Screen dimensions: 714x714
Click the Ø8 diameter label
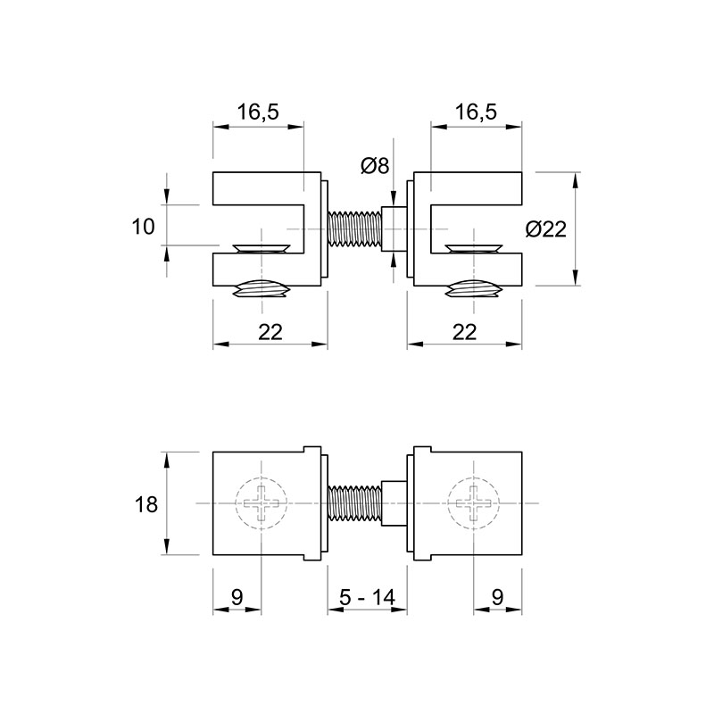click(x=375, y=165)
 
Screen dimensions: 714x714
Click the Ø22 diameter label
click(x=545, y=228)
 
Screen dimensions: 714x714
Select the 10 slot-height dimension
click(x=143, y=227)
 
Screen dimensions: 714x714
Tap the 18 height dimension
click(x=146, y=504)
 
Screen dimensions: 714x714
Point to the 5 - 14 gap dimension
click(x=367, y=596)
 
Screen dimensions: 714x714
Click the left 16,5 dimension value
click(x=258, y=112)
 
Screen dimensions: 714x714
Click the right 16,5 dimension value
click(x=476, y=112)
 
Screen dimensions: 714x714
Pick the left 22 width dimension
click(x=270, y=332)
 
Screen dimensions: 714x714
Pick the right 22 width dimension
click(x=464, y=332)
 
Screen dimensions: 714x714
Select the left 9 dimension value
click(x=237, y=596)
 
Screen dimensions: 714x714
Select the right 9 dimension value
click(x=498, y=596)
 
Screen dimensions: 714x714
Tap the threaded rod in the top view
click(x=354, y=228)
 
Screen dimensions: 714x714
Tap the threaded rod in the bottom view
click(x=354, y=503)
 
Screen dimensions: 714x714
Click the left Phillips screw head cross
click(x=262, y=503)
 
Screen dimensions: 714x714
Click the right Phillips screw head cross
click(x=474, y=503)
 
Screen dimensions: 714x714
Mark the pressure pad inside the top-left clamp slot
click(x=261, y=248)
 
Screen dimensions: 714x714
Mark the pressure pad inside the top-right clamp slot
click(x=475, y=248)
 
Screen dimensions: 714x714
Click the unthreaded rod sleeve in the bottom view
click(x=394, y=503)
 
